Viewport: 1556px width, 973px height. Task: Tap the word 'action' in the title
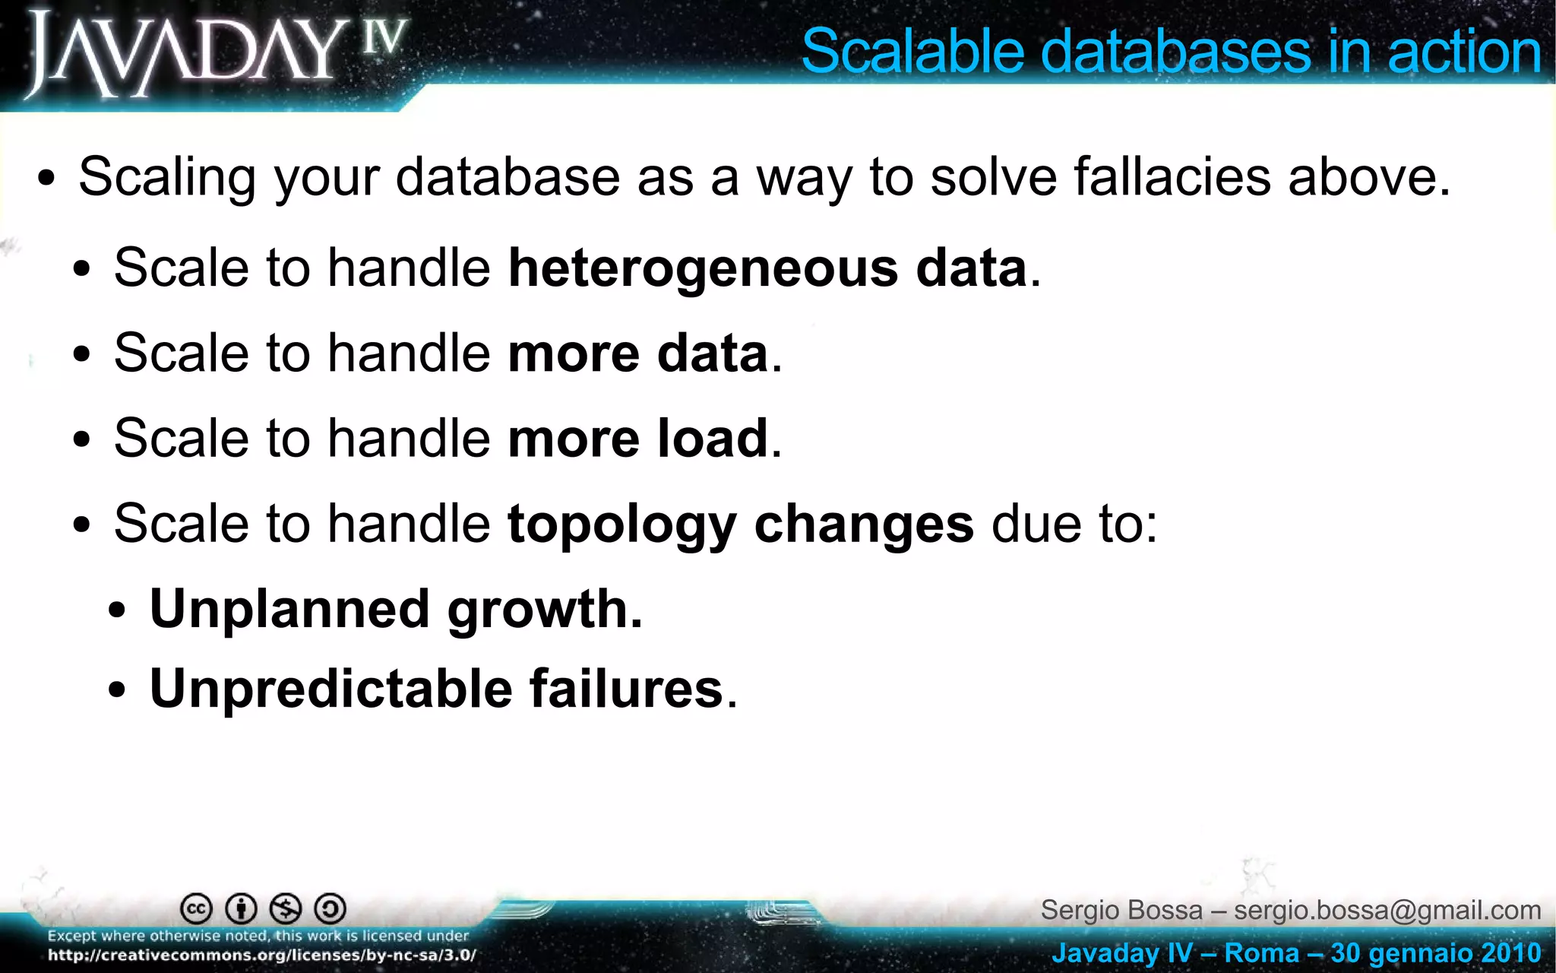pos(1463,52)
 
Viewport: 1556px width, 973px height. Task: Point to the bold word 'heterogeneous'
pos(703,268)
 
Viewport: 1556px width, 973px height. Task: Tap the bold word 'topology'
pos(621,525)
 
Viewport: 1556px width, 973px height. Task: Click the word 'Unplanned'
pos(289,609)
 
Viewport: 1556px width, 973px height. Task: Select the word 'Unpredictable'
pos(330,689)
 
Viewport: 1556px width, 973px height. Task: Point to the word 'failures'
pos(625,689)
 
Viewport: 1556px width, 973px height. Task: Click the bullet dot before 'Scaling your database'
pos(46,181)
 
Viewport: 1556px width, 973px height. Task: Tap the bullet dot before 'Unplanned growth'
pos(117,612)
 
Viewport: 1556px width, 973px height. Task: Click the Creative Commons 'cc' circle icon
pos(196,908)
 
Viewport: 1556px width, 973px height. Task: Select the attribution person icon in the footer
pos(242,908)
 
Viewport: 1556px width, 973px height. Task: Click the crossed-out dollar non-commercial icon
pos(286,908)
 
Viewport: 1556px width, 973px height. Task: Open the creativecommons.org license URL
pos(262,956)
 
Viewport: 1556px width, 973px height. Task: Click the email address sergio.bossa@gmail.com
pos(1387,910)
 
